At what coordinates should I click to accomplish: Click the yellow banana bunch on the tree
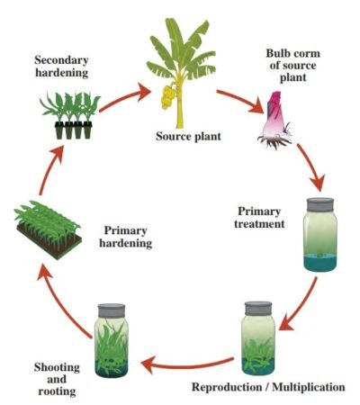[x=167, y=94]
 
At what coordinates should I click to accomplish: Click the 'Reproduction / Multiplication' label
[x=267, y=387]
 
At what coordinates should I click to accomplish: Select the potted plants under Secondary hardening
[x=67, y=115]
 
